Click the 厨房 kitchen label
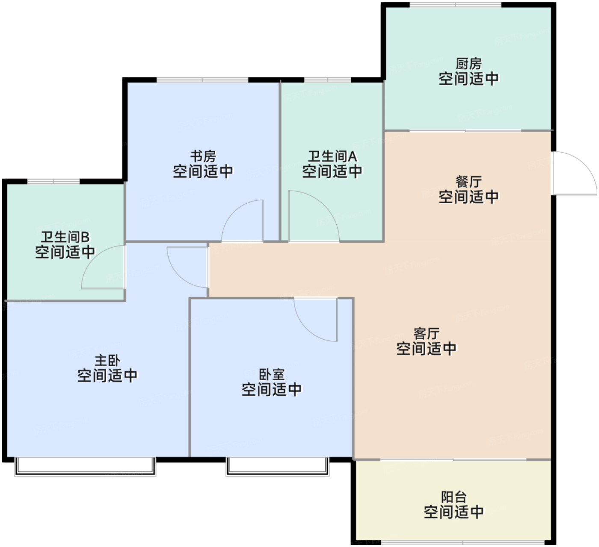469,64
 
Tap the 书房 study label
203,157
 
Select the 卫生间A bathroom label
332,157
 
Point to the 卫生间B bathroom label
65,237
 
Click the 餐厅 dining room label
469,182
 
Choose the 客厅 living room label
427,334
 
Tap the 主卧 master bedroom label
107,361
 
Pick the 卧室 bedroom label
271,375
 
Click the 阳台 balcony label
454,497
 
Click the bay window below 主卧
85,467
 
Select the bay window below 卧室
277,467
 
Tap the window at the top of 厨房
455,4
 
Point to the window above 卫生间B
54,181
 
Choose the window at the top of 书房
202,80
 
